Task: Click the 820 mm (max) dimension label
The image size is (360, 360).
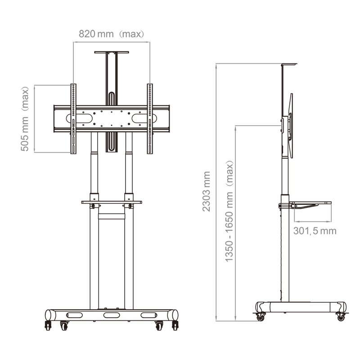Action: [111, 34]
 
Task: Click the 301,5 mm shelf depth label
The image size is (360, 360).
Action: [314, 231]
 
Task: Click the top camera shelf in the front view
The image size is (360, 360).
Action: [111, 52]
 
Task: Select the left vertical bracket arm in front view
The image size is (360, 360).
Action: [73, 119]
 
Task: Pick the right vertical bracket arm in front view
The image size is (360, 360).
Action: [150, 119]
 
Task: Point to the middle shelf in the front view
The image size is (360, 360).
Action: [111, 202]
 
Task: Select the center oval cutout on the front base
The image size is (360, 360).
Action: [112, 315]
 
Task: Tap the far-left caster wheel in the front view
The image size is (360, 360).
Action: [48, 324]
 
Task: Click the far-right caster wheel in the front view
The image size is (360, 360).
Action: [175, 324]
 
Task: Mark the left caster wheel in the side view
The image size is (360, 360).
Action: [260, 317]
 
